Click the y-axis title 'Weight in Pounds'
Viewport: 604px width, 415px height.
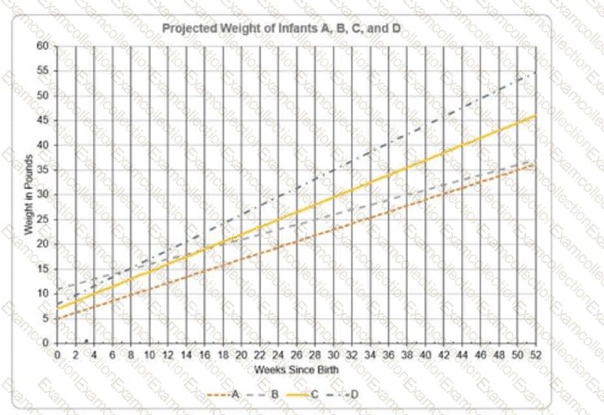click(x=28, y=195)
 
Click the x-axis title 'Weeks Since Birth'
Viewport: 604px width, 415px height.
click(x=296, y=370)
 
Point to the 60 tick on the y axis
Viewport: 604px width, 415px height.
click(x=46, y=46)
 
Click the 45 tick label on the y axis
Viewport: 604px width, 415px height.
click(x=46, y=120)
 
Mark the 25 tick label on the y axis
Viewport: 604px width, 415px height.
click(x=46, y=219)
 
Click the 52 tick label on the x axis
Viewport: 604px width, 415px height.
click(x=536, y=355)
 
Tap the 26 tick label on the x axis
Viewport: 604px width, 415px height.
click(x=296, y=355)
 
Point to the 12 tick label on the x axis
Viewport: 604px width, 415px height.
click(x=167, y=355)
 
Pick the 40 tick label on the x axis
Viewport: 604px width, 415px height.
click(x=425, y=355)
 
